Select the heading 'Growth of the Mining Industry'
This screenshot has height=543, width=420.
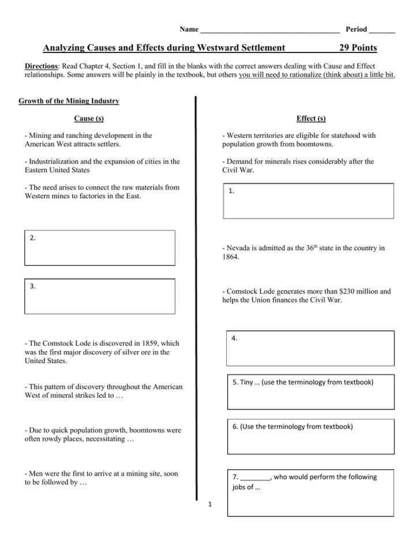[x=69, y=101]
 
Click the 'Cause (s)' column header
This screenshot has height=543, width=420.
[x=89, y=118]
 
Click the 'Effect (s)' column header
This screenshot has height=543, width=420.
[x=311, y=118]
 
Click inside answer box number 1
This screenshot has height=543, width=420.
[x=309, y=201]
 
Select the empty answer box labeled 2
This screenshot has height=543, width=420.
[x=100, y=248]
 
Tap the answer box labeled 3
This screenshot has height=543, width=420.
[x=100, y=296]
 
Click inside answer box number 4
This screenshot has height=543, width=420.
[x=310, y=348]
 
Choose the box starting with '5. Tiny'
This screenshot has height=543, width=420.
[x=310, y=391]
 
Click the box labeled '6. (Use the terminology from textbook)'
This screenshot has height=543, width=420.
[x=310, y=436]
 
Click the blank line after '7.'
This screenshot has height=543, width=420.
[x=254, y=477]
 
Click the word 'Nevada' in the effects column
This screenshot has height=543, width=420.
[x=238, y=248]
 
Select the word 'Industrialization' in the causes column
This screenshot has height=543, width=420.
[x=55, y=161]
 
